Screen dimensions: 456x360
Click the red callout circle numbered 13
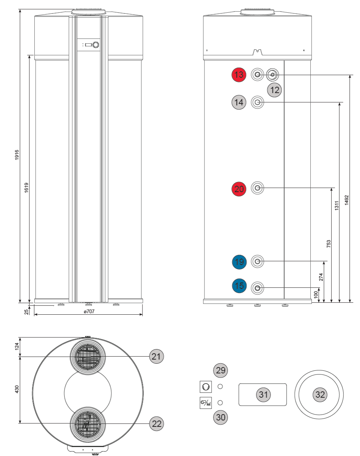(239, 75)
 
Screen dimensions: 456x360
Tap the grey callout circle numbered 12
(274, 90)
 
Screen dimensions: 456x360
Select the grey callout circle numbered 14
(239, 102)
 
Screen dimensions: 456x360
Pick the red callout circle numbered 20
(239, 189)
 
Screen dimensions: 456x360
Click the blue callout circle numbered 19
(239, 262)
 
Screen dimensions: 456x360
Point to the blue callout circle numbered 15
(239, 286)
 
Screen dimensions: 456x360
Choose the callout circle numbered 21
(157, 356)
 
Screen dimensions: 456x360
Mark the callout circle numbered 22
(157, 423)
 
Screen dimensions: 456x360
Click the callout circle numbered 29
(221, 370)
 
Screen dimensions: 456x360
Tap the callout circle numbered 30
(221, 417)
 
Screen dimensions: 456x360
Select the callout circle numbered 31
(263, 394)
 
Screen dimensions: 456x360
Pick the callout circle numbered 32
(320, 394)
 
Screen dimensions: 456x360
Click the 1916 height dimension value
(17, 155)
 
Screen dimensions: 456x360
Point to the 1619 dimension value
(26, 187)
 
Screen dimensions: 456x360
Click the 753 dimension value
(329, 244)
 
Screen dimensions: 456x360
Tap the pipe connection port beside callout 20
(257, 188)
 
